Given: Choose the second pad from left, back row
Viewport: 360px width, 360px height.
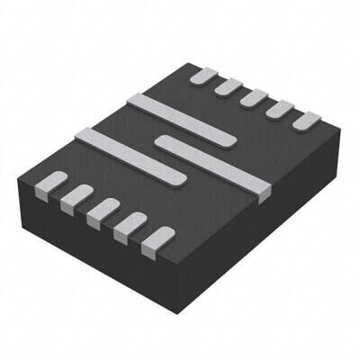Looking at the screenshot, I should coord(226,85).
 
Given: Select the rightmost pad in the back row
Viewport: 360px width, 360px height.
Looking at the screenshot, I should coord(306,119).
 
